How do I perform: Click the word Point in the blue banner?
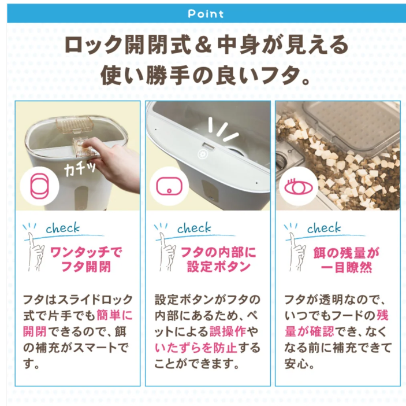point(206,13)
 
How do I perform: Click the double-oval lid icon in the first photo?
point(38,186)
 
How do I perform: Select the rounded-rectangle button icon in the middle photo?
point(168,186)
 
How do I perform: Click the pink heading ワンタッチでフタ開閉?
point(87,259)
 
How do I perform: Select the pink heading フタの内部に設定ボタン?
point(218,259)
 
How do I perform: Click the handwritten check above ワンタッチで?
point(64,228)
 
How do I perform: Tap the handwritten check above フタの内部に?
point(195,228)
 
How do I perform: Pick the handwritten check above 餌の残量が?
point(325,228)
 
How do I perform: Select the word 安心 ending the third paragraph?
point(298,364)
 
